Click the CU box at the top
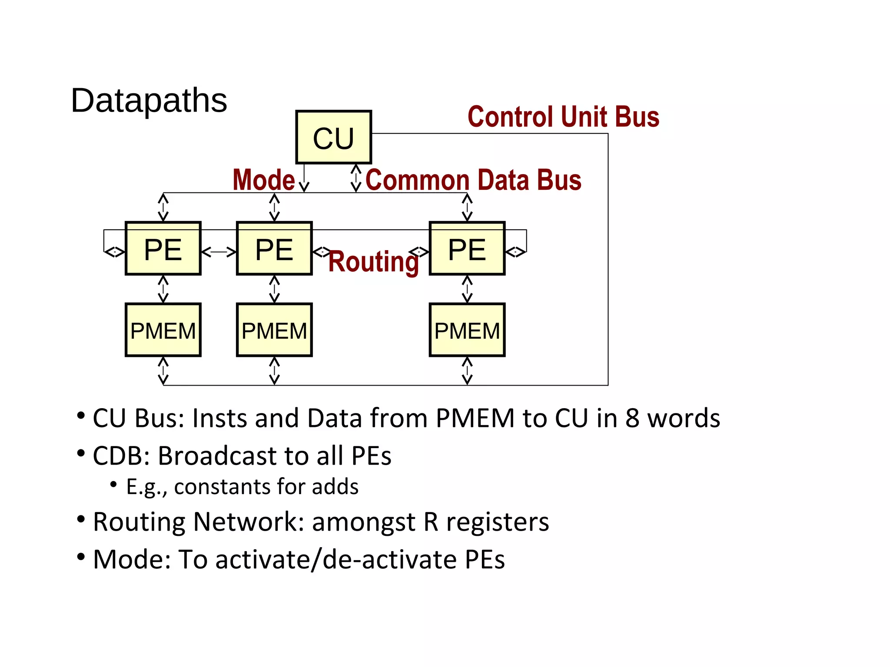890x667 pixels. pyautogui.click(x=333, y=137)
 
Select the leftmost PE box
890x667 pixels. pyautogui.click(x=163, y=249)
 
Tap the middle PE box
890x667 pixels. pyautogui.click(x=274, y=249)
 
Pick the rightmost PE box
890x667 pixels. pyautogui.click(x=467, y=249)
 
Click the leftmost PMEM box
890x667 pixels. pyautogui.click(x=163, y=330)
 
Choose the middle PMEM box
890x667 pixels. pyautogui.click(x=274, y=330)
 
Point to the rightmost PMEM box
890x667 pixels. pyautogui.click(x=467, y=330)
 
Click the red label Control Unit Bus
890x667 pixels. pyautogui.click(x=563, y=117)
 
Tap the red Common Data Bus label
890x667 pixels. pyautogui.click(x=473, y=180)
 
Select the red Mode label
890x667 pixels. pyautogui.click(x=264, y=180)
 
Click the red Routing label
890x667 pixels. pyautogui.click(x=373, y=262)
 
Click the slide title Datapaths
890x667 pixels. pyautogui.click(x=149, y=100)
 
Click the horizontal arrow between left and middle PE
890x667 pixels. pyautogui.click(x=219, y=252)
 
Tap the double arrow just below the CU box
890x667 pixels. pyautogui.click(x=356, y=178)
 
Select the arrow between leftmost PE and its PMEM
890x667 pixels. pyautogui.click(x=163, y=289)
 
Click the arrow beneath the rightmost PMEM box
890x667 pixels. pyautogui.click(x=467, y=371)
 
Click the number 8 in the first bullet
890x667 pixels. pyautogui.click(x=632, y=418)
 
